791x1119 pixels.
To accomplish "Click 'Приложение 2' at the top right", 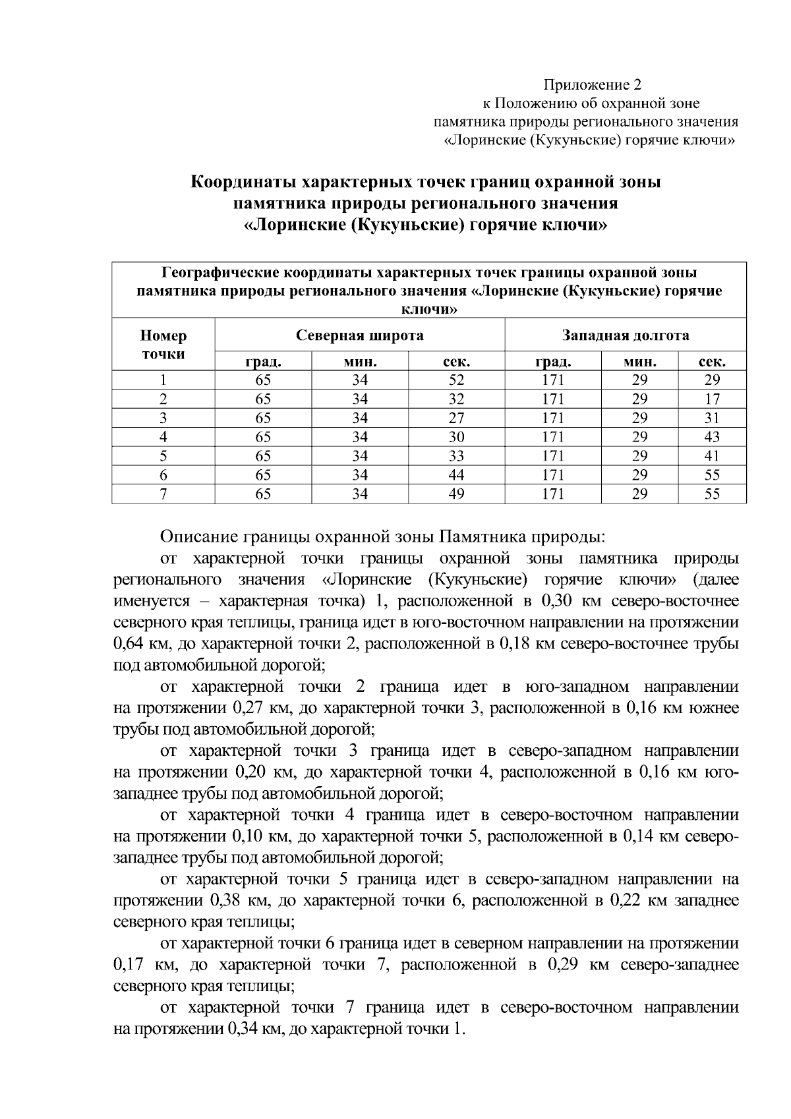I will (591, 85).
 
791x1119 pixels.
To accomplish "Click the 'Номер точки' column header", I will (163, 345).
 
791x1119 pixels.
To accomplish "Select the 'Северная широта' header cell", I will (359, 335).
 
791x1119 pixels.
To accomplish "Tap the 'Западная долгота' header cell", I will (625, 335).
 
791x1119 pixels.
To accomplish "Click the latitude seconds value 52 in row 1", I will (456, 380).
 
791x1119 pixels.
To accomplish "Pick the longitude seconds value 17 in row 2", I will (712, 399).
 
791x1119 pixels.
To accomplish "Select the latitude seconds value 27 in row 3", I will (456, 418).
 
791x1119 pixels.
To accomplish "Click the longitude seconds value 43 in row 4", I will (712, 437).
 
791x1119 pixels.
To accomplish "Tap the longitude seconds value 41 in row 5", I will (712, 456).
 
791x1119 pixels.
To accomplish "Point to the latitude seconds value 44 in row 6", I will (456, 475).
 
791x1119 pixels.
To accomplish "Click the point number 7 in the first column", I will (163, 494).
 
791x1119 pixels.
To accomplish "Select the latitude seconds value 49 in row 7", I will (456, 494).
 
